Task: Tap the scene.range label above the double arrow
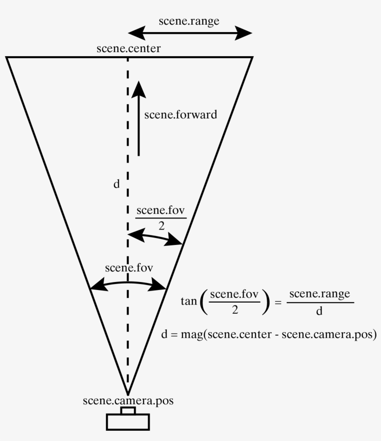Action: tap(189, 21)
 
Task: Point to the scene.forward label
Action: tap(180, 114)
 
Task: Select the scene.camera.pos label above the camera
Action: tap(128, 401)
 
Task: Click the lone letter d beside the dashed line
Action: tap(116, 184)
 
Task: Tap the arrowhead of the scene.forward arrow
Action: tap(138, 89)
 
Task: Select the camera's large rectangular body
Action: tap(128, 422)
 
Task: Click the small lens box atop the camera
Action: tap(128, 410)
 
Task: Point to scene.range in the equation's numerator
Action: tap(319, 295)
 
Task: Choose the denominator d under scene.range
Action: tap(319, 311)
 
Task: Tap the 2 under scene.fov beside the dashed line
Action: tap(161, 225)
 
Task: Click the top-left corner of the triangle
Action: tap(7, 57)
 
